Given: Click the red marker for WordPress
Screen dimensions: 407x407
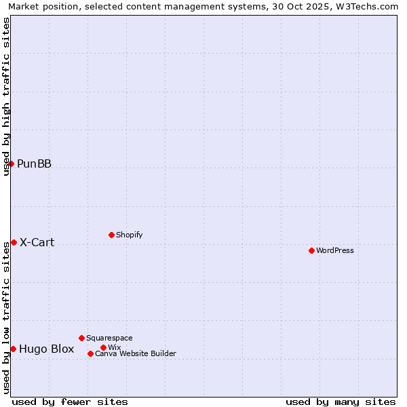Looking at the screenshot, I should pos(311,250).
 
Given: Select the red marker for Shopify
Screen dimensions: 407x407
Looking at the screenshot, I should pos(111,235).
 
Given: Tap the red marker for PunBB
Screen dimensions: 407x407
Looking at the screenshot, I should pos(11,163).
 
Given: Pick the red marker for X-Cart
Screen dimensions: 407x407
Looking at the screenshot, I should pos(14,242).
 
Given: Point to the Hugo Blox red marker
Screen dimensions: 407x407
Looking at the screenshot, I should pos(13,349).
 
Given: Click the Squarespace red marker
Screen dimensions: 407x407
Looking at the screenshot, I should pos(81,338).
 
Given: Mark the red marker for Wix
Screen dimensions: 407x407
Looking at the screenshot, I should pos(103,347).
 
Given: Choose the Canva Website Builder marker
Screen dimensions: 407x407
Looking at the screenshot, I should pos(90,353).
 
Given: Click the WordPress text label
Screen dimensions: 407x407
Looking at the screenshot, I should pos(335,250).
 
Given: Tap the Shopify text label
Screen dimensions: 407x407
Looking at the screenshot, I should pos(129,235).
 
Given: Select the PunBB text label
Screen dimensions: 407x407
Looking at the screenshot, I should pos(35,163).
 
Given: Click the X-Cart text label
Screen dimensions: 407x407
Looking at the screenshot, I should pos(37,242).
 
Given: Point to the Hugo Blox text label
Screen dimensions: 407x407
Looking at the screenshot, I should pos(47,349).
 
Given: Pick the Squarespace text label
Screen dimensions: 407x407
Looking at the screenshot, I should pos(109,338).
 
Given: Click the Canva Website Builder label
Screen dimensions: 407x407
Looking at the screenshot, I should pos(136,353).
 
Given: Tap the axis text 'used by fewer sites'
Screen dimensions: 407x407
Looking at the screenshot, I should pos(70,402).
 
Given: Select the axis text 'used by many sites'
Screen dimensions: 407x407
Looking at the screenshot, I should pos(341,402).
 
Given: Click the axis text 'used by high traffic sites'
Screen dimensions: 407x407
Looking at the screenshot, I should pos(7,96).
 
